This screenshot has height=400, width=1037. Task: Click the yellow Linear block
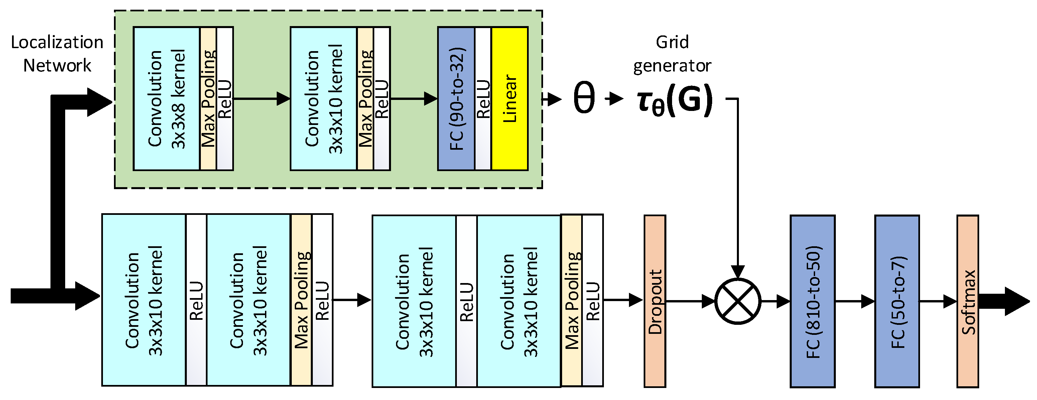(510, 99)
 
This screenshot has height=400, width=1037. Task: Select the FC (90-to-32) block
(456, 99)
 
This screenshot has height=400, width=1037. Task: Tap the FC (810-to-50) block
(812, 301)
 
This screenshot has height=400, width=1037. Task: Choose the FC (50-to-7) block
(897, 301)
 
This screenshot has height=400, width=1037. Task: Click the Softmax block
(968, 301)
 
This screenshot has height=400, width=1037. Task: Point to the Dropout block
(655, 301)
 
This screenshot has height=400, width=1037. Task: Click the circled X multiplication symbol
(738, 301)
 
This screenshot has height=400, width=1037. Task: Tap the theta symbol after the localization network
(584, 98)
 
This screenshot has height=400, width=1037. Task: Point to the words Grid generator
(672, 53)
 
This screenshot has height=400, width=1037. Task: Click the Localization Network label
(57, 53)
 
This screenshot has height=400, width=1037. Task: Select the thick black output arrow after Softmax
(1004, 301)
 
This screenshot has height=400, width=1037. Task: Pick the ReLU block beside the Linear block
(483, 99)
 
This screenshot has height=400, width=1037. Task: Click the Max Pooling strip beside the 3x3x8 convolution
(208, 99)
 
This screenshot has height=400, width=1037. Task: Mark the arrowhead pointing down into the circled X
(738, 272)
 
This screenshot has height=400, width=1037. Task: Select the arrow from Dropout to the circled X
(690, 301)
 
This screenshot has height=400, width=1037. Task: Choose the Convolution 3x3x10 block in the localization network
(323, 99)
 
